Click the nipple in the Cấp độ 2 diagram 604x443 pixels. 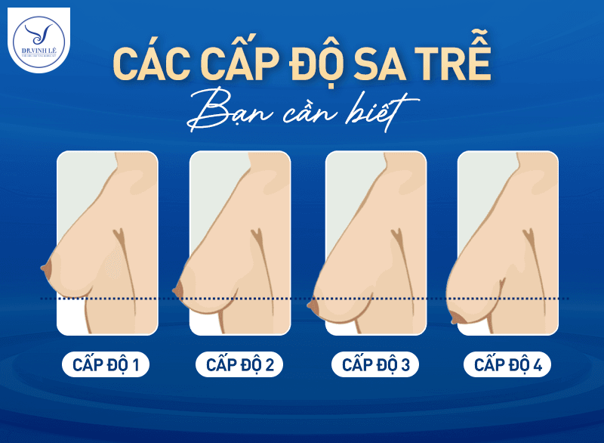point(178,289)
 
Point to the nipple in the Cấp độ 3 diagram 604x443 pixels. point(311,307)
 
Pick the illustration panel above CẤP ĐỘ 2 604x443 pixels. point(240,243)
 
